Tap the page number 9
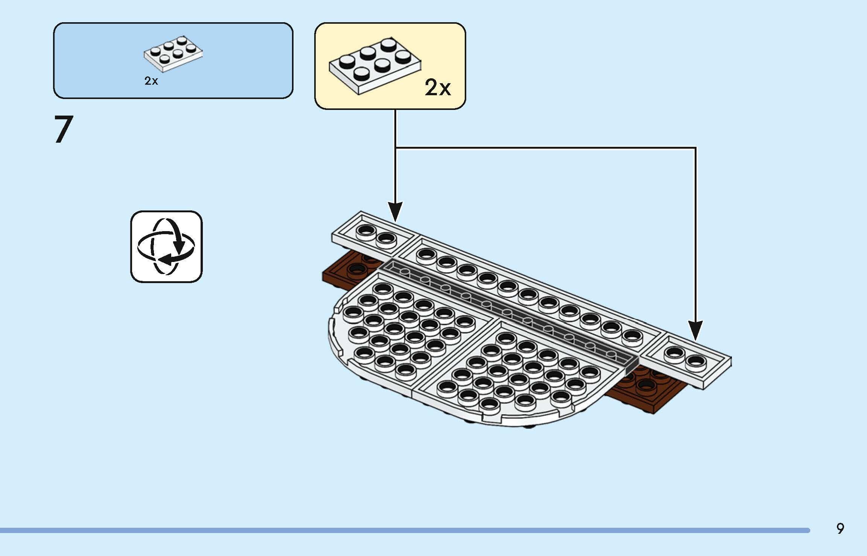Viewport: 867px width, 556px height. coord(840,529)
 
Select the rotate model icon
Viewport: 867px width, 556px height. coord(166,247)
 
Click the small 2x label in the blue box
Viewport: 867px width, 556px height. coord(151,81)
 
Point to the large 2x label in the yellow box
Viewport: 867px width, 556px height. coord(438,88)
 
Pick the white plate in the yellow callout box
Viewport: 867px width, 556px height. coord(375,66)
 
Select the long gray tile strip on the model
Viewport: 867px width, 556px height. coord(508,312)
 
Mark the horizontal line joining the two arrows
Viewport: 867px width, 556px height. coord(546,148)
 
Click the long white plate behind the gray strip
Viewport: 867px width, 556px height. coord(527,290)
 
